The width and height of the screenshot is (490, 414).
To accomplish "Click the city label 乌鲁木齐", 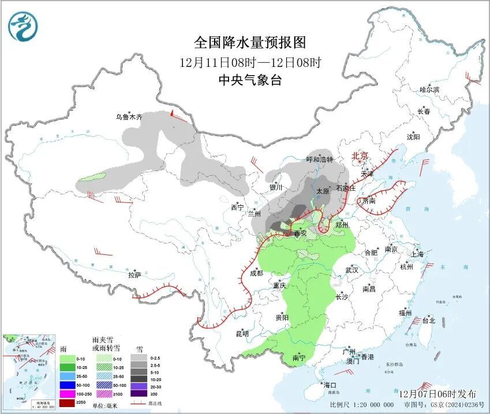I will [128, 117].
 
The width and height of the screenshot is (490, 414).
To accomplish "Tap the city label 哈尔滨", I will [429, 89].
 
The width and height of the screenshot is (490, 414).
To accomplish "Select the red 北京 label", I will [360, 155].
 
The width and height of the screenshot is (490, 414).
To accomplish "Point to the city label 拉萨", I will [134, 275].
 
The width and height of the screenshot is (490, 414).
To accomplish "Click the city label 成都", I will [257, 273].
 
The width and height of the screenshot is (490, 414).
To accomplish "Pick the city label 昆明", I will [242, 333].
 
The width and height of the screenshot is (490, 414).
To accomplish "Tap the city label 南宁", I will [299, 358].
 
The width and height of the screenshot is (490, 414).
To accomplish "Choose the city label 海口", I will [329, 385].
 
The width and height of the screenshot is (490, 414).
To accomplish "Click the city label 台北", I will [428, 321].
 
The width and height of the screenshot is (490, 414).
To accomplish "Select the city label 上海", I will [417, 254].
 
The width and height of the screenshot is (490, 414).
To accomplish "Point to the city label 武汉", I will [351, 270].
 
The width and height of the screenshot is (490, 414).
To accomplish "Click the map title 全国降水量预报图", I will [249, 43].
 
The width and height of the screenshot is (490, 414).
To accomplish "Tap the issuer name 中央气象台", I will [249, 81].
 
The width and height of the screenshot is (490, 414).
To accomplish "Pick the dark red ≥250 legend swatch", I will [68, 402].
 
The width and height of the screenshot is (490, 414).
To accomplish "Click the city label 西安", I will [300, 234].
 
